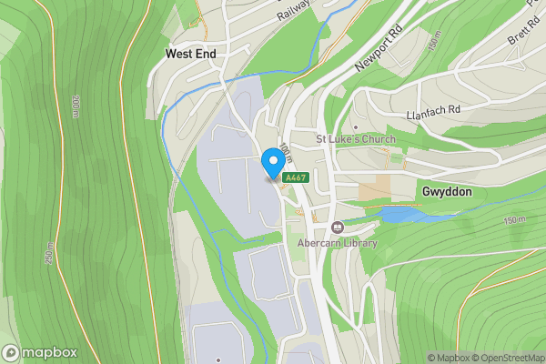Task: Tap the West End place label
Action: point(190,55)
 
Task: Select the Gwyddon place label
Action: point(445,192)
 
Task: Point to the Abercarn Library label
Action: point(326,243)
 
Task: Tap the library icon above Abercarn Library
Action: point(338,227)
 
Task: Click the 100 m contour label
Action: point(285,150)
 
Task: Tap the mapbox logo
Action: point(39,352)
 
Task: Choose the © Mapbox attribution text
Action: point(448,358)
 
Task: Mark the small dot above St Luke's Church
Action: point(356,127)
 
